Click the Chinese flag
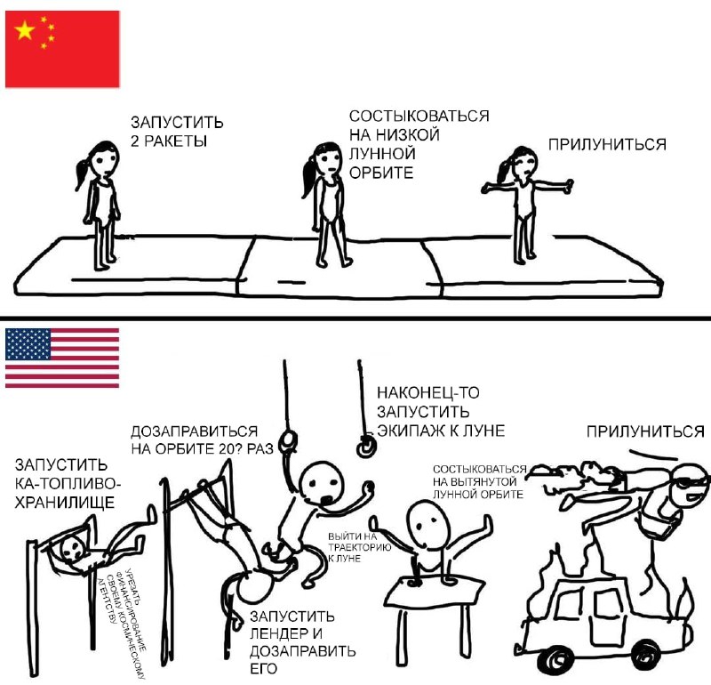[x=62, y=49]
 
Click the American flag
[x=62, y=358]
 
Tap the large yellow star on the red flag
[x=25, y=30]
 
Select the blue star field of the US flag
[x=28, y=344]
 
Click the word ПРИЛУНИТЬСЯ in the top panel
[x=607, y=144]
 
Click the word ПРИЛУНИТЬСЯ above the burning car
[x=645, y=431]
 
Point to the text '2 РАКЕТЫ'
[x=169, y=141]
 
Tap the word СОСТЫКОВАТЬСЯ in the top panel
[x=419, y=117]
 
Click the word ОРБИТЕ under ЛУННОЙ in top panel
[x=381, y=173]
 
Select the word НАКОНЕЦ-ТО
[x=428, y=392]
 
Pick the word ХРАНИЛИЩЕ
[x=64, y=503]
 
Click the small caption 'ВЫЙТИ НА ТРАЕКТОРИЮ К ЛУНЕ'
[x=359, y=547]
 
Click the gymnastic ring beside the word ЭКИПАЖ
[x=365, y=447]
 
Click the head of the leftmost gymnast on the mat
[x=105, y=158]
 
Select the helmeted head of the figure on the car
[x=690, y=485]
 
